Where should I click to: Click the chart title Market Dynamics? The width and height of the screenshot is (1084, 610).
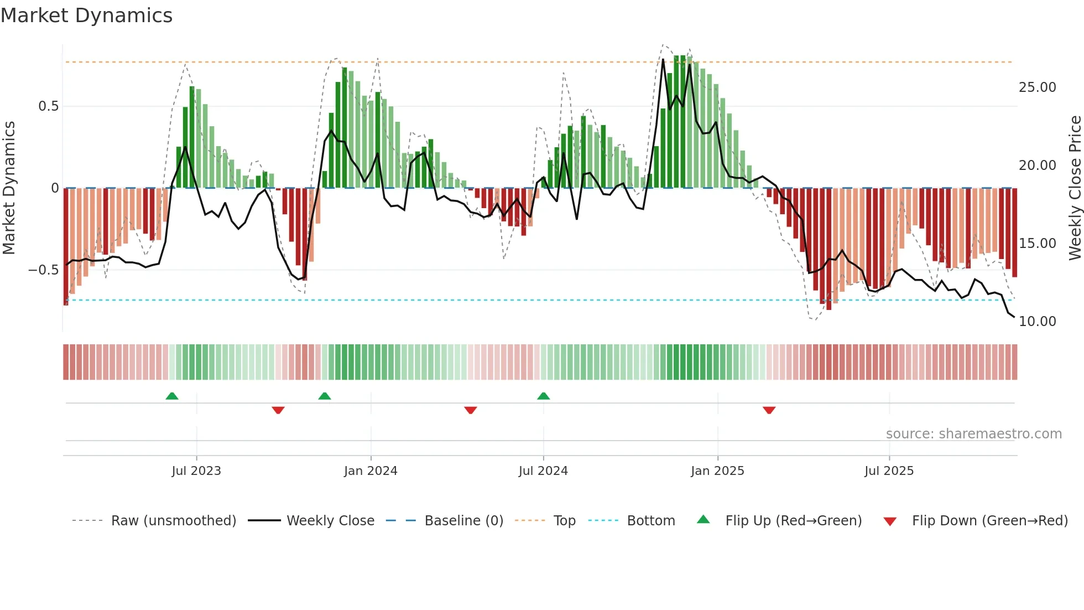86,15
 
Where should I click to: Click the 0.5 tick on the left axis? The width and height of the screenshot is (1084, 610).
48,106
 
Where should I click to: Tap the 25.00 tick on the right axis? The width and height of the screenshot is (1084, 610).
1037,87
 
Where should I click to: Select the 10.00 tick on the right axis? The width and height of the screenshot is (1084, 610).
1037,322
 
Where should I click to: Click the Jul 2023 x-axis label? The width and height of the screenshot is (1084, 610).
196,471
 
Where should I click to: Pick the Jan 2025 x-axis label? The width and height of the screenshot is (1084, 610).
717,471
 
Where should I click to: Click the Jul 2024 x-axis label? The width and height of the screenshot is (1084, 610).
543,471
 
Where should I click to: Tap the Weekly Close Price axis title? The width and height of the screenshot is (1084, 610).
1075,188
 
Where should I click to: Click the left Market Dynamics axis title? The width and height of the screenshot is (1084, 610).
9,188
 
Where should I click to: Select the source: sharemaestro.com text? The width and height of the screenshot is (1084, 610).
973,434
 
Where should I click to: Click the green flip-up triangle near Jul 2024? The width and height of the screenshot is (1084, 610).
544,396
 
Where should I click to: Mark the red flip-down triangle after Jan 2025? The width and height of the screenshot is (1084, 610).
769,410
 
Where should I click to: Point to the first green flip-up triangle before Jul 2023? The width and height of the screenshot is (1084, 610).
172,396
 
